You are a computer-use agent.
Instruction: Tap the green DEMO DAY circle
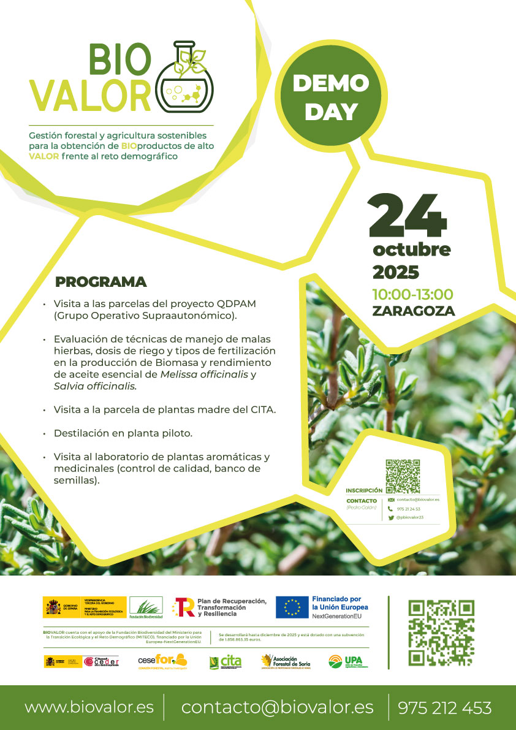(331, 97)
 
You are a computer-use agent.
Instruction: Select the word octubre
(411, 249)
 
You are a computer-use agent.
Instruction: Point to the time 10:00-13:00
(412, 294)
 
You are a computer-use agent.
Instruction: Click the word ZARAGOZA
(413, 311)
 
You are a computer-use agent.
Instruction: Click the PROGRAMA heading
(101, 282)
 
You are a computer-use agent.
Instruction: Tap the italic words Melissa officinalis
(205, 374)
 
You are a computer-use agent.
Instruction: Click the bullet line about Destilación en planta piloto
(123, 433)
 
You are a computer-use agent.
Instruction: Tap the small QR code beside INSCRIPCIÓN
(403, 476)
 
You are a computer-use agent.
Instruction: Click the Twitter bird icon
(390, 517)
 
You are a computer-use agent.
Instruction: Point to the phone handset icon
(390, 509)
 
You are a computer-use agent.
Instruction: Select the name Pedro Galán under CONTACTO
(361, 508)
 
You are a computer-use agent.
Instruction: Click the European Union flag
(292, 607)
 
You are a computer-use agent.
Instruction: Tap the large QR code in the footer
(441, 633)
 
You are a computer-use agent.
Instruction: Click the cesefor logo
(162, 661)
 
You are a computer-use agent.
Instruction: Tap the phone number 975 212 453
(444, 708)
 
